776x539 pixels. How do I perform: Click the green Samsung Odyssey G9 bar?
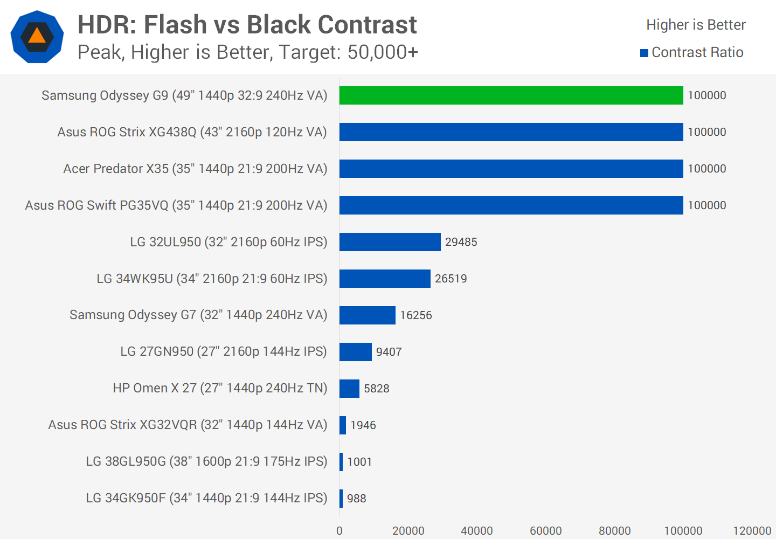511,95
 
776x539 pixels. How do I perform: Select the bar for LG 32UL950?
390,242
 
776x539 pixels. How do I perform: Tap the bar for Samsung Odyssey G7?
367,315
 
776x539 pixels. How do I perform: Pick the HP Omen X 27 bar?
349,389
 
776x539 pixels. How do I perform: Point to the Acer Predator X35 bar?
511,169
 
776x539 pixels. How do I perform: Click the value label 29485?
461,242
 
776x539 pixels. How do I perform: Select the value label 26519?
451,279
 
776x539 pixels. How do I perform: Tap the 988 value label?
356,499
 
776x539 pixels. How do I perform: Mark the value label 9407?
389,352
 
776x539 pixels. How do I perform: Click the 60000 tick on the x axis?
545,531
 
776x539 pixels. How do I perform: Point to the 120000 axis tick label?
752,531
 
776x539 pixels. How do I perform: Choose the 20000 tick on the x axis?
408,531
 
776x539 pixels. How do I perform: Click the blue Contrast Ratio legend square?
644,53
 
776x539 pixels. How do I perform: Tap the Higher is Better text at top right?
696,25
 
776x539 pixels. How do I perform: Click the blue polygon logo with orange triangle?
37,37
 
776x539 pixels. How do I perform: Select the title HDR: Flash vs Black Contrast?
247,25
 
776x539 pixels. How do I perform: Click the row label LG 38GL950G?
206,462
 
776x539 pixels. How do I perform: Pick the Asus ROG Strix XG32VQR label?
188,425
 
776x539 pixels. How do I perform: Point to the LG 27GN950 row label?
224,352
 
